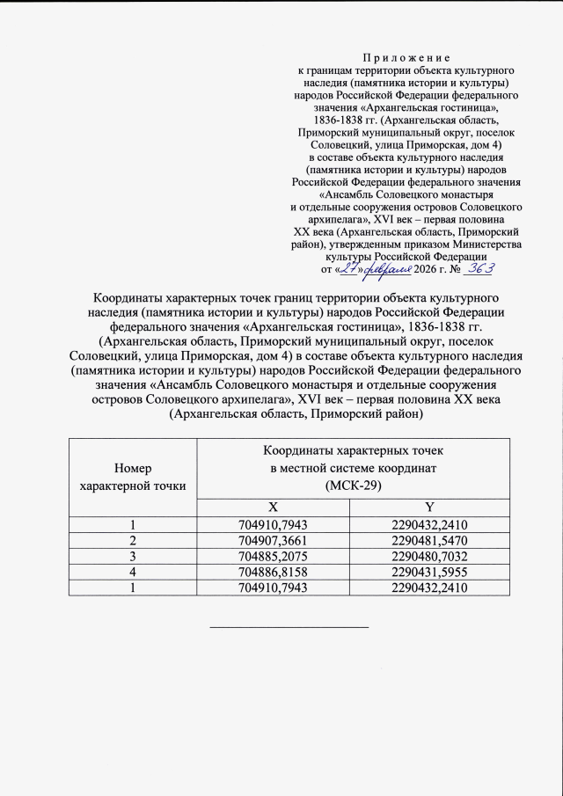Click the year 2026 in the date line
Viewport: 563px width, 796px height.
(401, 270)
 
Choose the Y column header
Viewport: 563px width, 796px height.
(429, 508)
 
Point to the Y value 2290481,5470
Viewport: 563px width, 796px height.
(429, 539)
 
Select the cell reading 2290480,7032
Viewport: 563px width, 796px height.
(429, 555)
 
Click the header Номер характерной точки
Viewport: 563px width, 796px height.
(133, 477)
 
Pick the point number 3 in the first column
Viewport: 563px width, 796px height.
(133, 555)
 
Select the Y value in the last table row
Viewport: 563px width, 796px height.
(429, 587)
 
